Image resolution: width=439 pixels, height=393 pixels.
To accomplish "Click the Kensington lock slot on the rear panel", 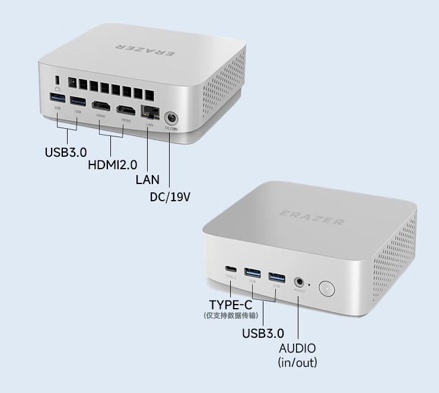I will [x=57, y=80].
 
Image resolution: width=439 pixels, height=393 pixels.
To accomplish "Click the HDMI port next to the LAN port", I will [x=126, y=110].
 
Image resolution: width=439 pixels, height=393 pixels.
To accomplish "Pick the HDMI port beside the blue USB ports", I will [x=100, y=106].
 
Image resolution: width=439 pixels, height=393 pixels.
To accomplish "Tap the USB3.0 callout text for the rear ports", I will [x=65, y=152].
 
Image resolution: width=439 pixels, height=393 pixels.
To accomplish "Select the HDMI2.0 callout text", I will [x=112, y=164].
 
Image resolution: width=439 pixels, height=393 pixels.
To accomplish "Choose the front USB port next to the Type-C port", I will [x=253, y=272].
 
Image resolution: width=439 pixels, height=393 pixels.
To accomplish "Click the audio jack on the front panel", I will [x=300, y=281].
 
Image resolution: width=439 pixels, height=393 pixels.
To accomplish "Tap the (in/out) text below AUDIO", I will [x=297, y=362].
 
